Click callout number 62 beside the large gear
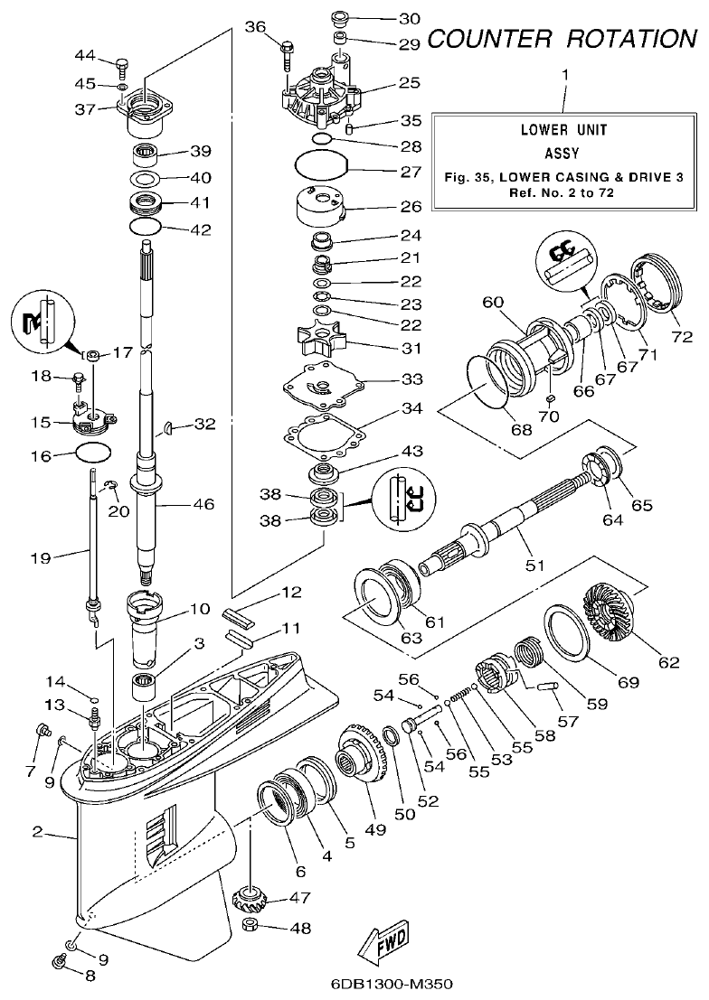coord(668,662)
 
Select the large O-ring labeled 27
coord(323,166)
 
